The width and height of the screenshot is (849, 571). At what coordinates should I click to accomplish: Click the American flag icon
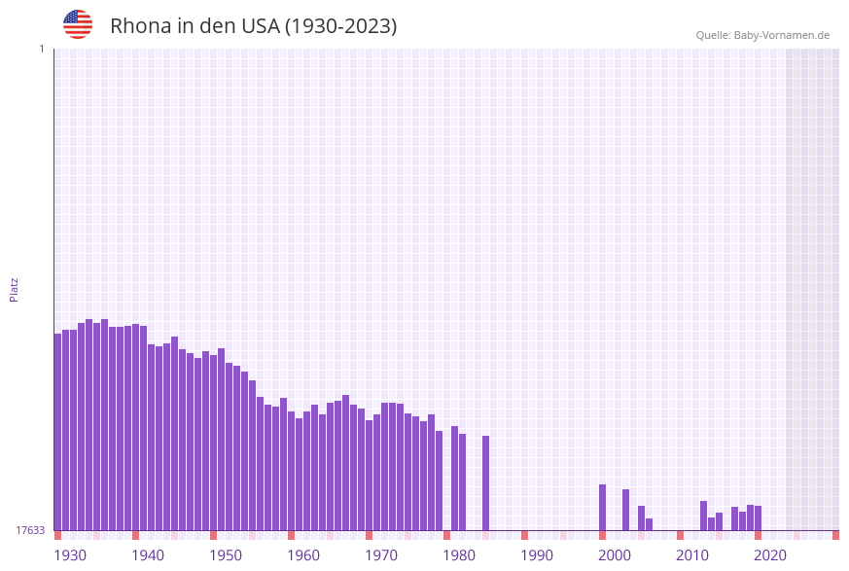coord(78,24)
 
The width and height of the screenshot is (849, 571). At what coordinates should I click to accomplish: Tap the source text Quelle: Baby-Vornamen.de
coord(762,35)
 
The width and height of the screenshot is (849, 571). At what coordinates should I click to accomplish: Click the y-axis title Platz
coord(15,289)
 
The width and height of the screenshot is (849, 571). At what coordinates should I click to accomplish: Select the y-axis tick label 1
coord(41,49)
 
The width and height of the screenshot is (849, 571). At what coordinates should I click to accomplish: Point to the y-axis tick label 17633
coord(29,530)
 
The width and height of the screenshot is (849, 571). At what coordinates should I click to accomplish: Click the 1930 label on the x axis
coord(70,555)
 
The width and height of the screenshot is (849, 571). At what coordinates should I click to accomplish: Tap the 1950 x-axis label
coord(226,555)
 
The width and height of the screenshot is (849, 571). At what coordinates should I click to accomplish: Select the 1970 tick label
coord(381,555)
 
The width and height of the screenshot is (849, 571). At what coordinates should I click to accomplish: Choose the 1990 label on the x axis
coord(537,555)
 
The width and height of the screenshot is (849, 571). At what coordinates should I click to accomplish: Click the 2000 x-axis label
coord(615,555)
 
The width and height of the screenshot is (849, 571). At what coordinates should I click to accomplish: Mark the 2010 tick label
coord(692,555)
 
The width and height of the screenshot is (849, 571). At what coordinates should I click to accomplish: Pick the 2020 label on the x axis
coord(770,555)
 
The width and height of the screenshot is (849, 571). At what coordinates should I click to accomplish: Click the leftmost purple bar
coord(57,432)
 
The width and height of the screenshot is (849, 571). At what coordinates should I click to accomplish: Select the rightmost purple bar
coord(758,517)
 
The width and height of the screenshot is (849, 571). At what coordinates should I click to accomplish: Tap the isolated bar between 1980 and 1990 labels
coord(485,482)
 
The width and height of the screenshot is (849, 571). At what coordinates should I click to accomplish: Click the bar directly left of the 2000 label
coord(602,507)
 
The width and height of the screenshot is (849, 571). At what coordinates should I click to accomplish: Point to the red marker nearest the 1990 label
coord(524,535)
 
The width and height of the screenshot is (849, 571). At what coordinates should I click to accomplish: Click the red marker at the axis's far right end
coord(835,535)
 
